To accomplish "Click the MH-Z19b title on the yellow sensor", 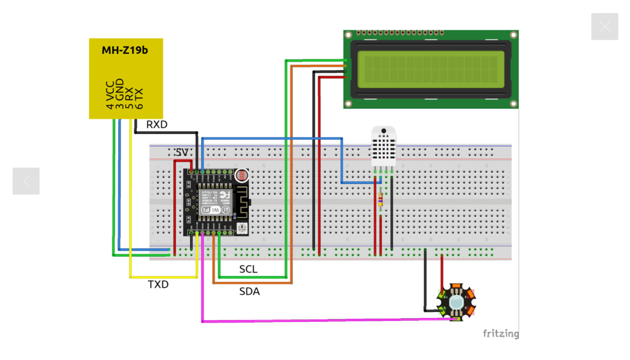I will coord(125,50).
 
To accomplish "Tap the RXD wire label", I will coord(156,125).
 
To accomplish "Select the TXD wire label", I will coord(158,284).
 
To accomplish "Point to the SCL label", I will coord(248,270).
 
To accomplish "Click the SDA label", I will coord(249,292).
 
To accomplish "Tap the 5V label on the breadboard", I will coord(181,152).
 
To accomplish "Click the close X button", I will coord(604,26).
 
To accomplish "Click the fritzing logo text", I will coord(500,334).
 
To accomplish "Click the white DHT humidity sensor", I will coord(384,146).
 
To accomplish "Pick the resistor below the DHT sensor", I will coord(380,200).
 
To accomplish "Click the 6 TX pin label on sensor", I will coord(138,98).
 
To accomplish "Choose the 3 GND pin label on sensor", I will coord(119,94).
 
